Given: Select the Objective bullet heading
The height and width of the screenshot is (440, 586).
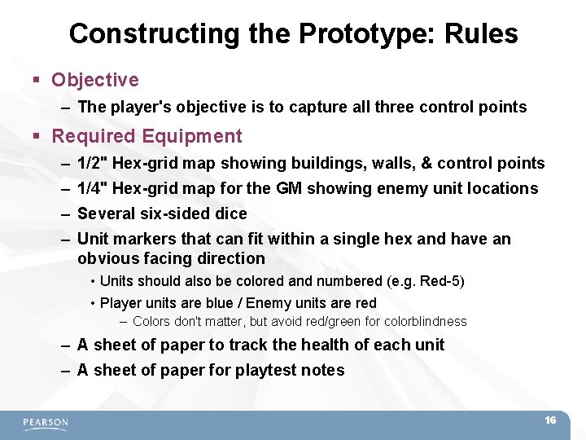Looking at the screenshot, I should pos(94,80).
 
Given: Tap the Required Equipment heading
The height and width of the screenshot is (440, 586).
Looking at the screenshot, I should pos(146,136).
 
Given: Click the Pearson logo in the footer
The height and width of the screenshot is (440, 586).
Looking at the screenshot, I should pos(46,423).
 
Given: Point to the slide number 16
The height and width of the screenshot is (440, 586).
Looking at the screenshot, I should pos(550,420).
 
